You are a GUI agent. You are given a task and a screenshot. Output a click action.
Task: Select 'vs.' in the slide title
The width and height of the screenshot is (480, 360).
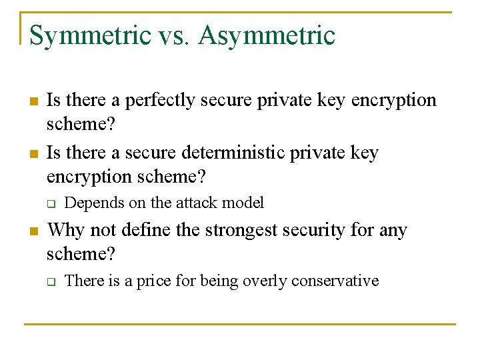coord(175,36)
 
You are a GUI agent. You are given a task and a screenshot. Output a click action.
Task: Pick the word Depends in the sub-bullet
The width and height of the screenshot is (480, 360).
coord(89,203)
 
